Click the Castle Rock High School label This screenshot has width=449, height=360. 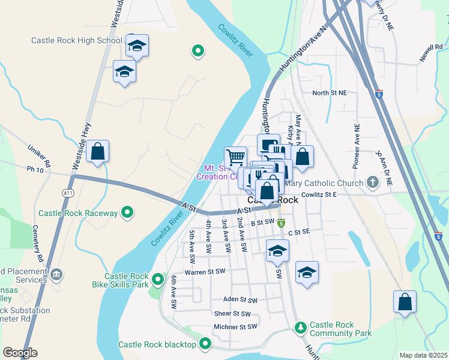click(77, 41)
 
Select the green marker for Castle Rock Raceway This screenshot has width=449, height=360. click(127, 212)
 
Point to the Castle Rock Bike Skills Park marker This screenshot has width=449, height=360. click(158, 280)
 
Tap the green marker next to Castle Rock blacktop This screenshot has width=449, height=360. click(205, 344)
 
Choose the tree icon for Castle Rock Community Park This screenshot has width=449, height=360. click(301, 328)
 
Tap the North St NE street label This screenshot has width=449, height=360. click(330, 93)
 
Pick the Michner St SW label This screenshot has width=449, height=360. click(235, 327)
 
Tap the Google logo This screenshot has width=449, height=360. click(20, 353)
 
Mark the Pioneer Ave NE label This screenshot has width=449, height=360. click(357, 144)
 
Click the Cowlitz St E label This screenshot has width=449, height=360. click(327, 194)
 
